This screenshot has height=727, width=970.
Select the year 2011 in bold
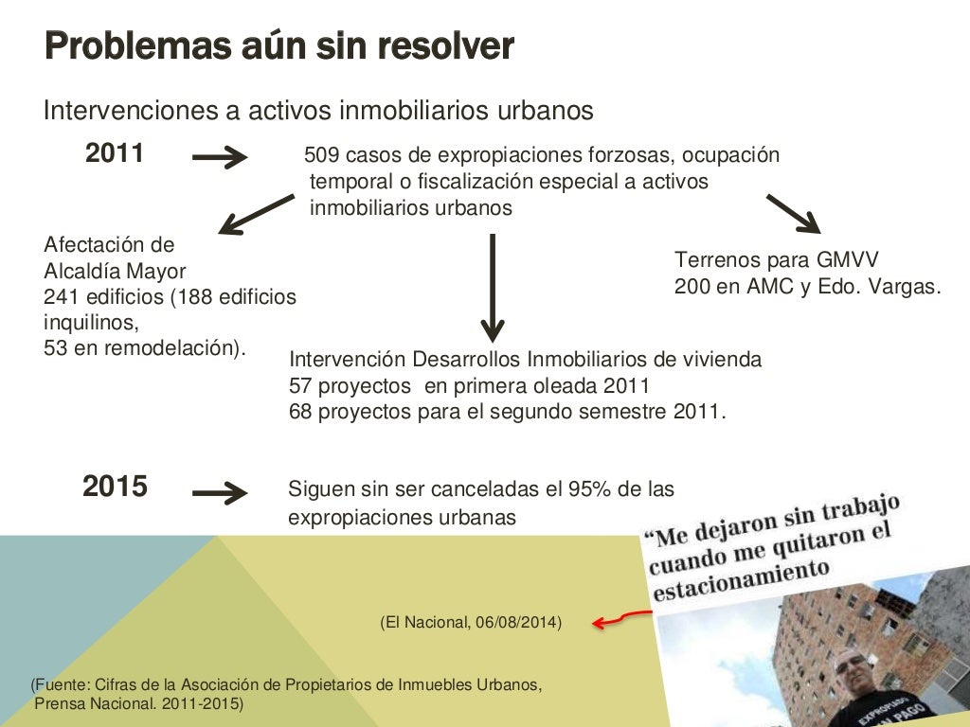click(115, 153)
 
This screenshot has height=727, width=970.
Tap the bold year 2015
click(115, 488)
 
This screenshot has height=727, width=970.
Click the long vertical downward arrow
click(492, 288)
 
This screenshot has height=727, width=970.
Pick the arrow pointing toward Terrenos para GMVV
click(793, 213)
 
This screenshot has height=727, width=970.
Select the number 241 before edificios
click(60, 297)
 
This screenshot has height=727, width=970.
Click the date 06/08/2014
click(517, 622)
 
